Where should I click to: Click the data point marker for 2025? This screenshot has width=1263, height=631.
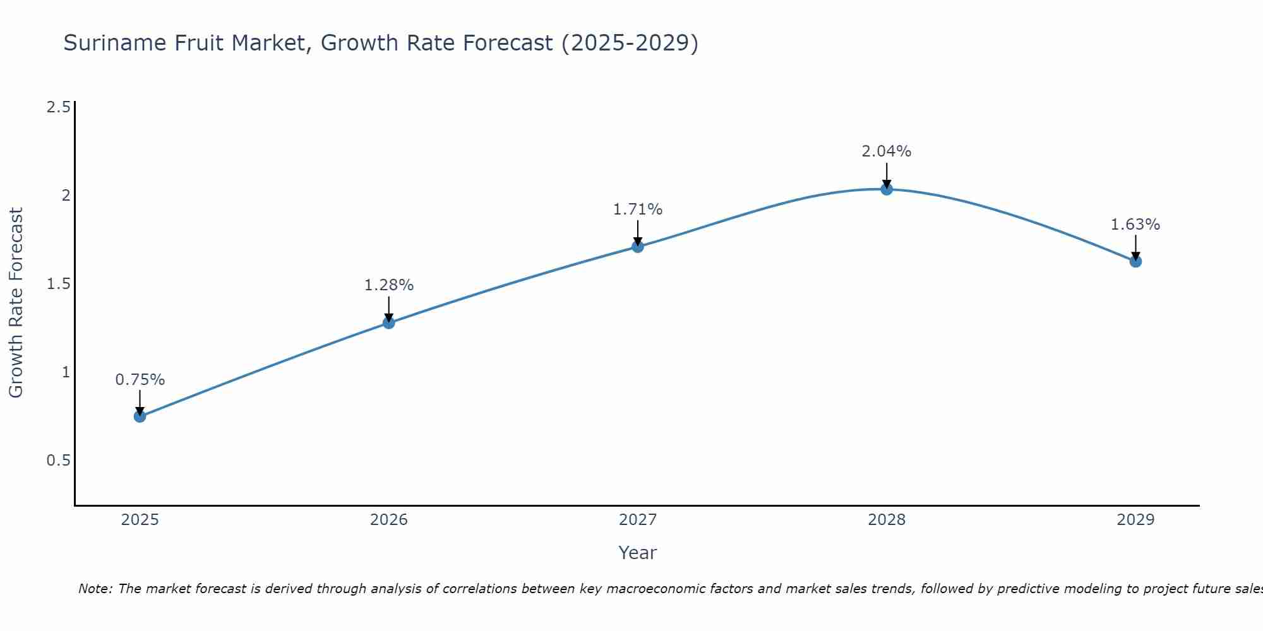(x=140, y=416)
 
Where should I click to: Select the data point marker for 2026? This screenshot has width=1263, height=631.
(x=389, y=323)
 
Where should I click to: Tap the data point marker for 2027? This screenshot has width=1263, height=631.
(x=638, y=247)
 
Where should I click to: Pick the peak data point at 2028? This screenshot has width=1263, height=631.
(x=887, y=189)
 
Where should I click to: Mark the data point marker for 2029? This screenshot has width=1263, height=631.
(x=1135, y=261)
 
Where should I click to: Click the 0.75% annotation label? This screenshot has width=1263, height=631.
(x=140, y=380)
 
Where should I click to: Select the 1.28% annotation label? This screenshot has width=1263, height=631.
(x=389, y=285)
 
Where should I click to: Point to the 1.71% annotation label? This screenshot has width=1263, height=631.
(x=638, y=209)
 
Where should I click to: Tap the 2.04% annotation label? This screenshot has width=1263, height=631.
(x=887, y=151)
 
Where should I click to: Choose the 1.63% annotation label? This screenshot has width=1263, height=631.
(x=1135, y=225)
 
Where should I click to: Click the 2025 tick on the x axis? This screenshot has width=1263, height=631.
(x=140, y=520)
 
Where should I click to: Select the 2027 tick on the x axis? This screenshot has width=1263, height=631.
(x=638, y=520)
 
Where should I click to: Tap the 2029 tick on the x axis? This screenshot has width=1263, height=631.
(x=1135, y=520)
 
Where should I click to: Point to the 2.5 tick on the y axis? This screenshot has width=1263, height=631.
(x=58, y=107)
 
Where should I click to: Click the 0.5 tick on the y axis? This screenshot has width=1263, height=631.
(x=58, y=461)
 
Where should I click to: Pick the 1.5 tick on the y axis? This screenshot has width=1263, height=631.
(x=58, y=284)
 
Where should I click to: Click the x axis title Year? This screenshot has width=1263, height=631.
(x=638, y=553)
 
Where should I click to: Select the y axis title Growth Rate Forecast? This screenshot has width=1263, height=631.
(x=16, y=303)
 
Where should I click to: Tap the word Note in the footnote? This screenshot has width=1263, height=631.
(x=95, y=589)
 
